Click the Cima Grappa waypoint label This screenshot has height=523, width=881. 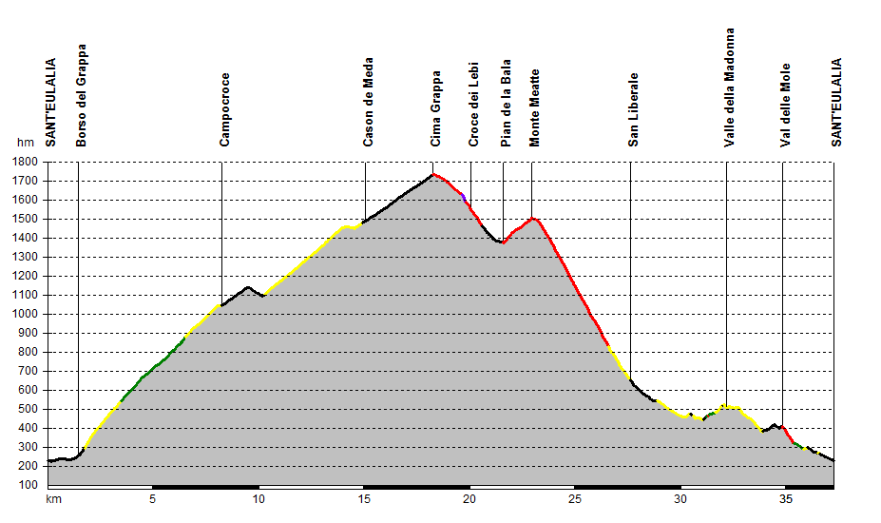(x=436, y=108)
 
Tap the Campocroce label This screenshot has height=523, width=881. (x=224, y=110)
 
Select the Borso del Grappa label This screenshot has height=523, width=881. (x=82, y=95)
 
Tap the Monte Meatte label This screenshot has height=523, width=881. (x=535, y=107)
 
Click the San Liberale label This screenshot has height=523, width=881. (x=633, y=110)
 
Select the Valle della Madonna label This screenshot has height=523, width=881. (x=729, y=87)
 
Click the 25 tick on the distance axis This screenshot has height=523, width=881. (x=575, y=499)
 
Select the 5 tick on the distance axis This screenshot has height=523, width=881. (x=153, y=499)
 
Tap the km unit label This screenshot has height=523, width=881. (x=53, y=499)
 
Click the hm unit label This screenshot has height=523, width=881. (x=25, y=143)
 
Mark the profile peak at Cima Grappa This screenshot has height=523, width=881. (x=433, y=174)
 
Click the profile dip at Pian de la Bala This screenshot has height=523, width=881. (x=502, y=242)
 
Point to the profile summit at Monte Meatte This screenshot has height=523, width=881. (x=533, y=219)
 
